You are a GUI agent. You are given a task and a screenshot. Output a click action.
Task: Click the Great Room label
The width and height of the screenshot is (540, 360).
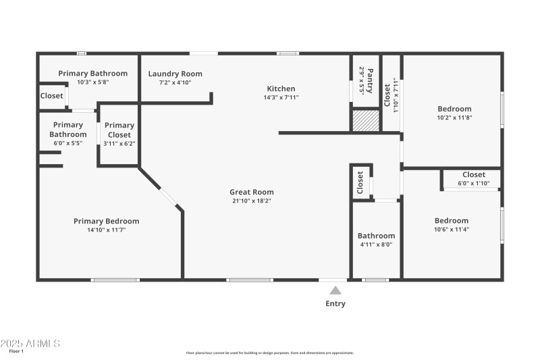pyautogui.click(x=251, y=192)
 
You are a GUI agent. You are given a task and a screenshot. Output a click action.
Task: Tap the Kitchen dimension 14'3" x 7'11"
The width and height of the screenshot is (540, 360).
pyautogui.click(x=281, y=97)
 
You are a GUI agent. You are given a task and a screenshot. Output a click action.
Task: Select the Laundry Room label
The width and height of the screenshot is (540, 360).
pyautogui.click(x=175, y=74)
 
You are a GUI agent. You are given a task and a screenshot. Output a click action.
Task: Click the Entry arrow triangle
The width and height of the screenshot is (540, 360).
pyautogui.click(x=335, y=290)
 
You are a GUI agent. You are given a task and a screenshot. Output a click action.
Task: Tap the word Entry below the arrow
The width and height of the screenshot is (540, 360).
pyautogui.click(x=335, y=304)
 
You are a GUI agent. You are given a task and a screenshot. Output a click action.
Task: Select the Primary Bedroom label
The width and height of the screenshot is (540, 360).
pyautogui.click(x=106, y=221)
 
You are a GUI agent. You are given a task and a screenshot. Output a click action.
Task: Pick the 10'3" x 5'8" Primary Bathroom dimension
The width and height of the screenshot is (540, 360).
pyautogui.click(x=92, y=82)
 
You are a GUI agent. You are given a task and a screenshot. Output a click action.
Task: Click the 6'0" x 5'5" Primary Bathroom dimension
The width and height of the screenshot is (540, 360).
pyautogui.click(x=68, y=143)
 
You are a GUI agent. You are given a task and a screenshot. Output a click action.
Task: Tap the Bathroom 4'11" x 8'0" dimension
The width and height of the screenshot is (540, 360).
pyautogui.click(x=376, y=245)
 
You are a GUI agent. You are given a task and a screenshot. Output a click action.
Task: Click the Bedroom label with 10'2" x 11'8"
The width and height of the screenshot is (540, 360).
pyautogui.click(x=454, y=109)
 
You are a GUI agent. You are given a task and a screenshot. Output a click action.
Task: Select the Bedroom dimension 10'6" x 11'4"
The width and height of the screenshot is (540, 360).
pyautogui.click(x=451, y=230)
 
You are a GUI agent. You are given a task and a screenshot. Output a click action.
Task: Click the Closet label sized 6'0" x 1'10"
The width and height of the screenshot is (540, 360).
pyautogui.click(x=473, y=174)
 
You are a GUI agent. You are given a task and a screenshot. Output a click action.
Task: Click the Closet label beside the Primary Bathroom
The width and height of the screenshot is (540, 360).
pyautogui.click(x=51, y=96)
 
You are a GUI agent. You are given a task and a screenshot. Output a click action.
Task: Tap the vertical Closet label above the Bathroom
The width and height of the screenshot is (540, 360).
pyautogui.click(x=360, y=182)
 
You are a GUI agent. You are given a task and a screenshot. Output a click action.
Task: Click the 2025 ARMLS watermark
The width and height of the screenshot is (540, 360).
pyautogui.click(x=30, y=343)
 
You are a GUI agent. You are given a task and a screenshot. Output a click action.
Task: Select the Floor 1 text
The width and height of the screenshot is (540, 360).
pyautogui.click(x=16, y=351)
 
